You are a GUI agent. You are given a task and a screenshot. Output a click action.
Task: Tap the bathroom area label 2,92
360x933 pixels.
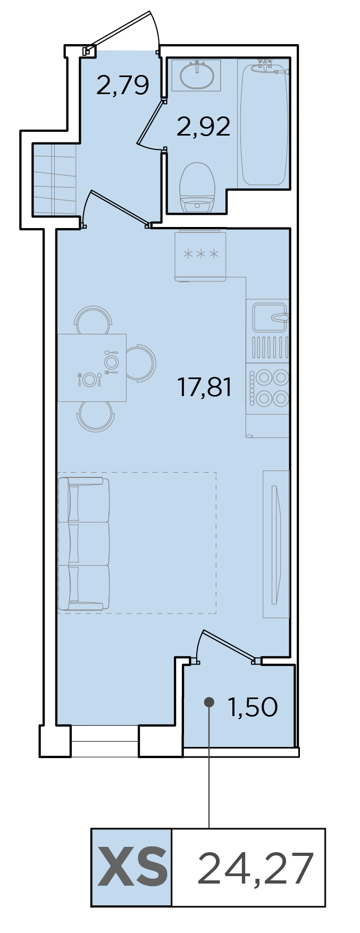[x=204, y=126]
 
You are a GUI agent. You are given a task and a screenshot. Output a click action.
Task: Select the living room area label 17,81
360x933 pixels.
[x=205, y=387]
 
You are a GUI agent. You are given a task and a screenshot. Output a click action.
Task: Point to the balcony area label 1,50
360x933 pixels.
[x=253, y=707]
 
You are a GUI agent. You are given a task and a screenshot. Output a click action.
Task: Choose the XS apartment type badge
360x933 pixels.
[x=132, y=868]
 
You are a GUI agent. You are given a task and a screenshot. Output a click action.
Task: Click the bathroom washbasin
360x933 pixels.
[x=197, y=75]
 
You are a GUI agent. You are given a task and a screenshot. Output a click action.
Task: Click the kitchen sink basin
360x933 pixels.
[x=269, y=317]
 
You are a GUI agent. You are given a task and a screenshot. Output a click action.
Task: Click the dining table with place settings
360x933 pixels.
[x=92, y=367]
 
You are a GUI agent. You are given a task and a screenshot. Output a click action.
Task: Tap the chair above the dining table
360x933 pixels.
[x=94, y=320]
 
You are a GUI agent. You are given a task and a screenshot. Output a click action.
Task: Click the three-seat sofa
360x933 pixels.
[x=83, y=543]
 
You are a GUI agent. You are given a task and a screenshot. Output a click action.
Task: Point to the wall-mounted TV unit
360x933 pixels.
[x=276, y=544]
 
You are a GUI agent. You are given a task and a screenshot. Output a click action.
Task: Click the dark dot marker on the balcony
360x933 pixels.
[x=210, y=702]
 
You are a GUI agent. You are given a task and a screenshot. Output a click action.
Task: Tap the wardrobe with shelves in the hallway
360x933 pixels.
[x=54, y=179]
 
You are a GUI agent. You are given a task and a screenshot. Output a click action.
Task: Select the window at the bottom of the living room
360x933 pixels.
[x=105, y=741]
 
